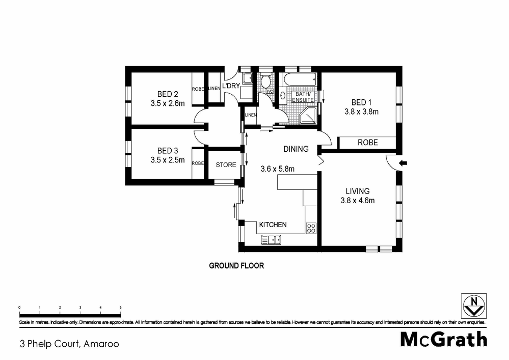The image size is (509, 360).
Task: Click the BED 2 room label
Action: tap(168, 94)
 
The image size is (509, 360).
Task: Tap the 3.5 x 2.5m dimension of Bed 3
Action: tap(168, 160)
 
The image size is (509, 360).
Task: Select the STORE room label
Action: tap(226, 164)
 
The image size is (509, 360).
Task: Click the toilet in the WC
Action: tap(265, 81)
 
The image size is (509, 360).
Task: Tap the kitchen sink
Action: tap(272, 239)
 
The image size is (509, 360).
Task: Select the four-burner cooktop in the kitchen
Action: tap(311, 228)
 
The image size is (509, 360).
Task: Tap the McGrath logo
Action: tap(443, 339)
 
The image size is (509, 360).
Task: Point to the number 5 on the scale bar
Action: tap(121, 308)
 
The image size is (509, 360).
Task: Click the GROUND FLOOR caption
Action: tap(236, 266)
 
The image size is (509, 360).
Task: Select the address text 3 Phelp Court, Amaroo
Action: tap(69, 344)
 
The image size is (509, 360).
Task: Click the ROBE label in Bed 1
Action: tap(367, 143)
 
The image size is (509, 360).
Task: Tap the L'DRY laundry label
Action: tap(230, 86)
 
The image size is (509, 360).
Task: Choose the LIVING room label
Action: tap(357, 191)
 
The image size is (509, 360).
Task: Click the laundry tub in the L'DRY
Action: tap(247, 78)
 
